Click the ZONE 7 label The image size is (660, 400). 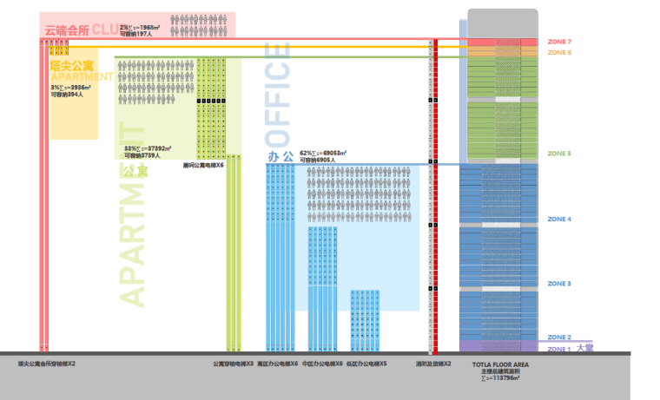pos(560,42)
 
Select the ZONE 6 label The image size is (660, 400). pos(560,53)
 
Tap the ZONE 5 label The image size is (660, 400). pos(559,154)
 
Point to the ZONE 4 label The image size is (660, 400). pos(559,220)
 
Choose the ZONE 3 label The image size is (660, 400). pos(559,284)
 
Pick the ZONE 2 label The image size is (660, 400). pos(559,338)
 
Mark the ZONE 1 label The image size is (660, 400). pos(559,348)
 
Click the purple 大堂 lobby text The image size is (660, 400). pos(585,348)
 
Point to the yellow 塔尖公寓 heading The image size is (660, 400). pos(72,65)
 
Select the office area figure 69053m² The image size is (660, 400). pos(329,153)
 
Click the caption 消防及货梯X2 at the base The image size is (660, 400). pos(433,364)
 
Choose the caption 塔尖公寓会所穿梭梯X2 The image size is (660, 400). pos(47,364)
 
